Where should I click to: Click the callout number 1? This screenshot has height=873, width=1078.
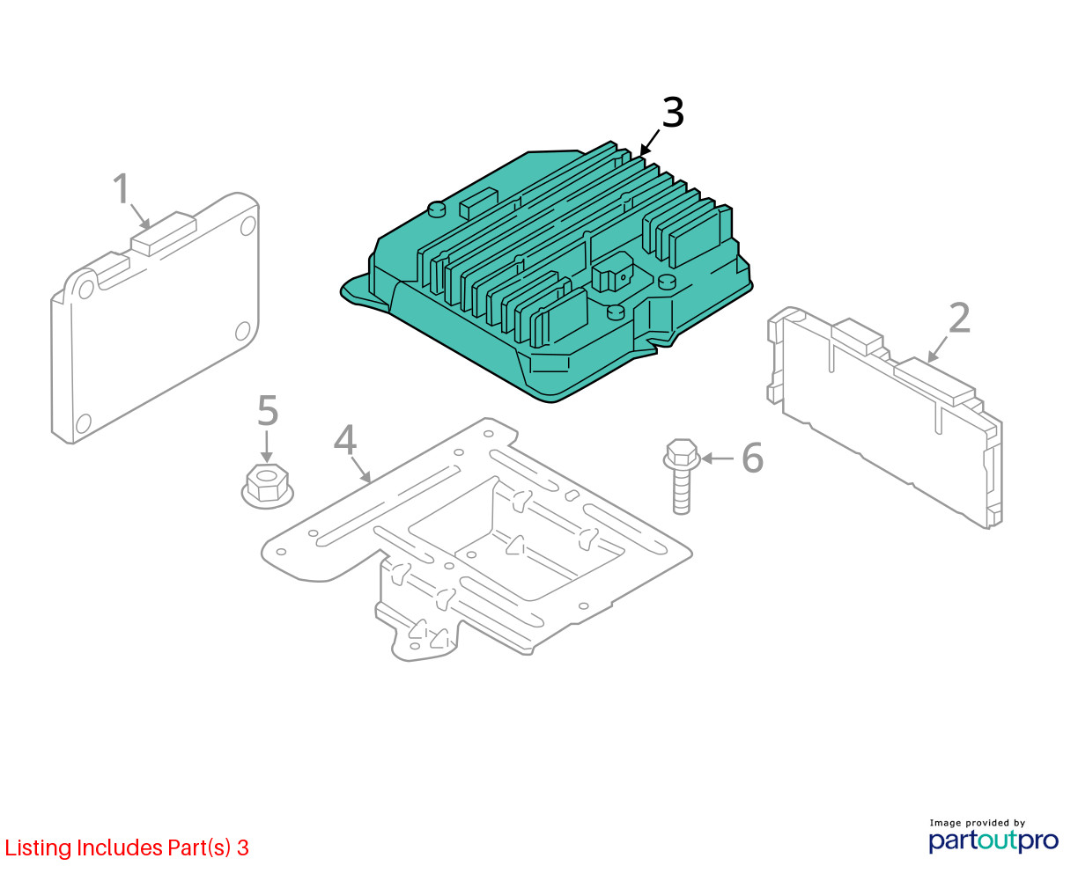[x=122, y=188]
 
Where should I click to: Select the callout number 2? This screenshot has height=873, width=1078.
[x=959, y=318]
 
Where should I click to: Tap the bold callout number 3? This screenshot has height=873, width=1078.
[x=673, y=112]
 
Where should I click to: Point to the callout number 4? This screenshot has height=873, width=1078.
[x=345, y=439]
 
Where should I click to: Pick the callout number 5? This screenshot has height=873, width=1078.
[x=268, y=410]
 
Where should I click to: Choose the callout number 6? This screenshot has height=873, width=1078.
[x=753, y=458]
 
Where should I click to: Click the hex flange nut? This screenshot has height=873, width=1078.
[x=267, y=486]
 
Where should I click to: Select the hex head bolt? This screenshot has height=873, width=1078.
[x=681, y=476]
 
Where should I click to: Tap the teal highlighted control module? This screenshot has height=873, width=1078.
[x=547, y=272]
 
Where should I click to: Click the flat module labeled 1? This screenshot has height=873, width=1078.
[x=155, y=318]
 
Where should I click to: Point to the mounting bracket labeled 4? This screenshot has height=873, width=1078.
[x=476, y=539]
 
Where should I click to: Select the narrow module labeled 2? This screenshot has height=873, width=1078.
[x=884, y=417]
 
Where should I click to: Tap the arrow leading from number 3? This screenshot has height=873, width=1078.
[x=650, y=143]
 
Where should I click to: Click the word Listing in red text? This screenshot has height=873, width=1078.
[x=37, y=847]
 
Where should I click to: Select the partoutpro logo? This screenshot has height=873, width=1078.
[x=993, y=840]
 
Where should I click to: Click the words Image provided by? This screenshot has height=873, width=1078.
[x=978, y=823]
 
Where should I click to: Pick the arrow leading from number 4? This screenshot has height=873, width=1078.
[x=360, y=469]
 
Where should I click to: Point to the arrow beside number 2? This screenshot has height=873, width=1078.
[x=937, y=350]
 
